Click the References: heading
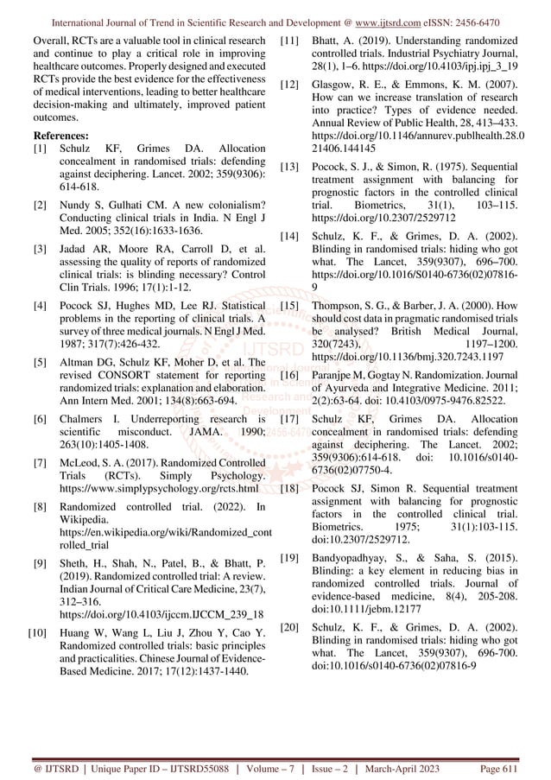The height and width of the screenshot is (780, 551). pos(60,136)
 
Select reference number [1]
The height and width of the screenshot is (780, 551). pos(39,150)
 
